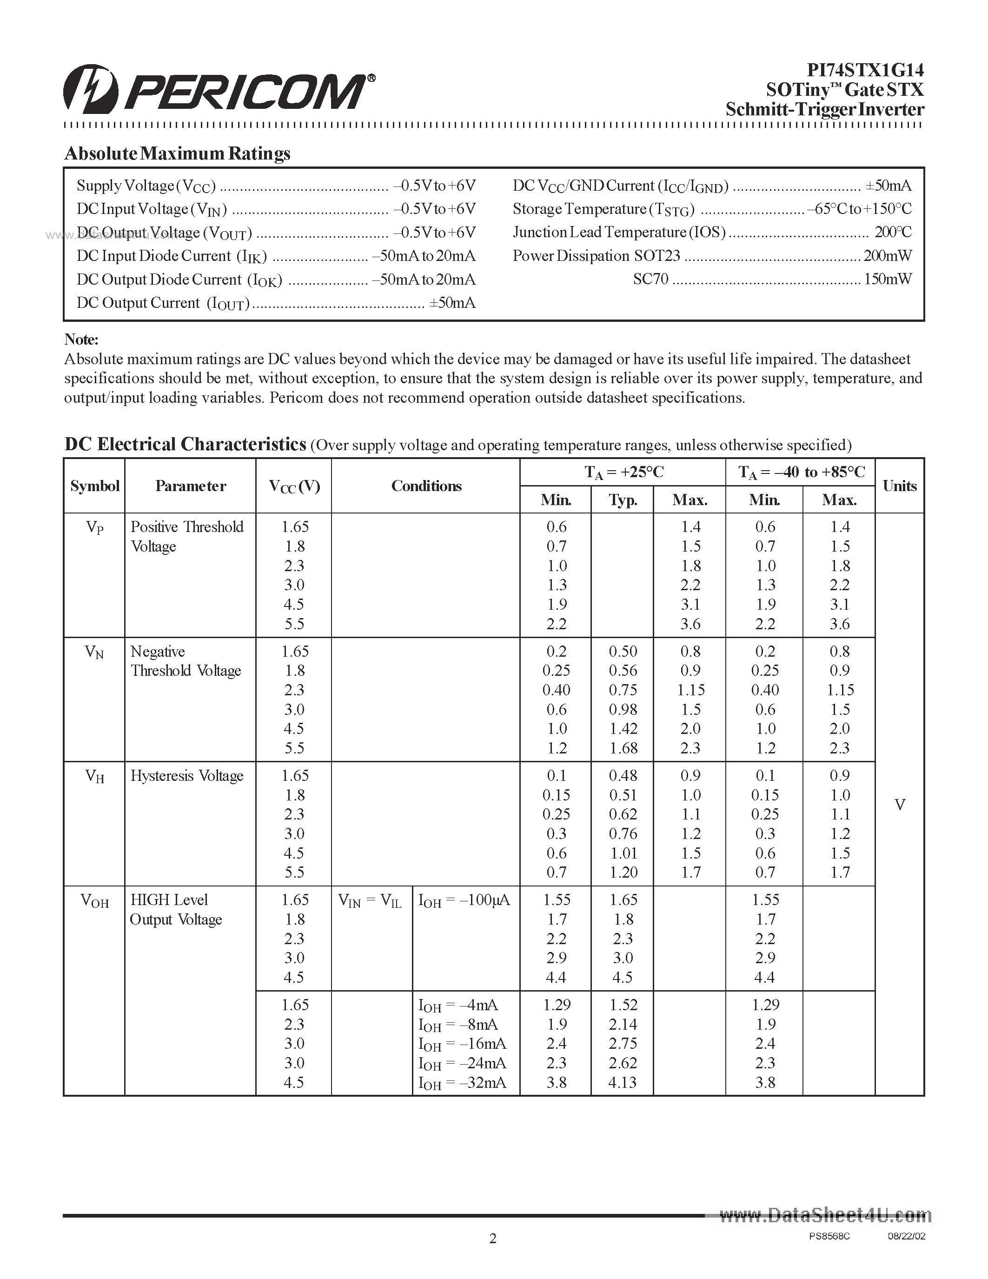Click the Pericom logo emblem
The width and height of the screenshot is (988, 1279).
click(x=91, y=90)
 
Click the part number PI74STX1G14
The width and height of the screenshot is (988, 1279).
click(x=865, y=70)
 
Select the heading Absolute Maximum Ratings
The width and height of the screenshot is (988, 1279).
click(x=177, y=153)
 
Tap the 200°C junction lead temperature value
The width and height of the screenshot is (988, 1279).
click(x=893, y=233)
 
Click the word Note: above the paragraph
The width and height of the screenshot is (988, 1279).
click(x=81, y=340)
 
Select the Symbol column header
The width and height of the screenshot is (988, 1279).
click(x=94, y=486)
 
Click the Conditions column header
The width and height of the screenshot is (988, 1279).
click(x=426, y=486)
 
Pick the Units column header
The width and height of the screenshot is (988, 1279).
click(x=900, y=486)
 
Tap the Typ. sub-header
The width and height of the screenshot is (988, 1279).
click(x=623, y=500)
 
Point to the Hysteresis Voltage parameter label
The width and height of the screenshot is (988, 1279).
click(x=187, y=776)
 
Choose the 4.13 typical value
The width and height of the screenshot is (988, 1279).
click(x=622, y=1082)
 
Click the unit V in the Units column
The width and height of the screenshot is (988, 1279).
click(x=900, y=805)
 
